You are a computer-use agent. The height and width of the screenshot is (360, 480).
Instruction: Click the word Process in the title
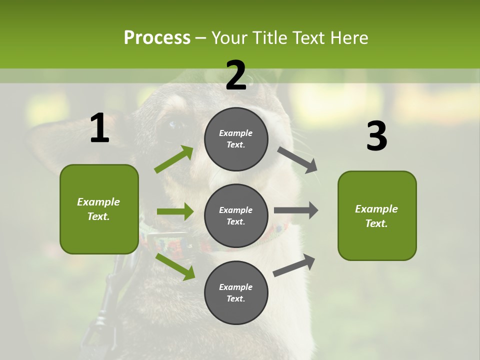tap(157, 37)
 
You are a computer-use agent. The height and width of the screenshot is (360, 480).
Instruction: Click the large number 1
tap(99, 128)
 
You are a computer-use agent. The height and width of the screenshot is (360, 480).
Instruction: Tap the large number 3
tap(376, 136)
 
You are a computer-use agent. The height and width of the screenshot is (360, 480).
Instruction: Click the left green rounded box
tap(99, 209)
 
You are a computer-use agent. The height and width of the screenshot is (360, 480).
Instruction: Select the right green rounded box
tap(377, 215)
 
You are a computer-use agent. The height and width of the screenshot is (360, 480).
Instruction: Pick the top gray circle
tap(236, 139)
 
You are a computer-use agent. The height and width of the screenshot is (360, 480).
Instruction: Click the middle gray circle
tap(236, 215)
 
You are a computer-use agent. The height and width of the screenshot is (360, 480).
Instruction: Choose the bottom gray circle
tap(236, 292)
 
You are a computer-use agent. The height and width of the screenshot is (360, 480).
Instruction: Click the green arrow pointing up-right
tap(174, 159)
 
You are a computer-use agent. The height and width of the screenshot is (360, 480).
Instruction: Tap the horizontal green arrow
tap(175, 211)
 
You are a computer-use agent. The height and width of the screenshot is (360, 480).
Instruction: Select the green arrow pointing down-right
tap(175, 266)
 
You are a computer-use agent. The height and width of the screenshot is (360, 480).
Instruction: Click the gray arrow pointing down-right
tap(298, 159)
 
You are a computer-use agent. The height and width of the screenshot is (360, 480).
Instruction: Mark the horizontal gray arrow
tap(296, 210)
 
